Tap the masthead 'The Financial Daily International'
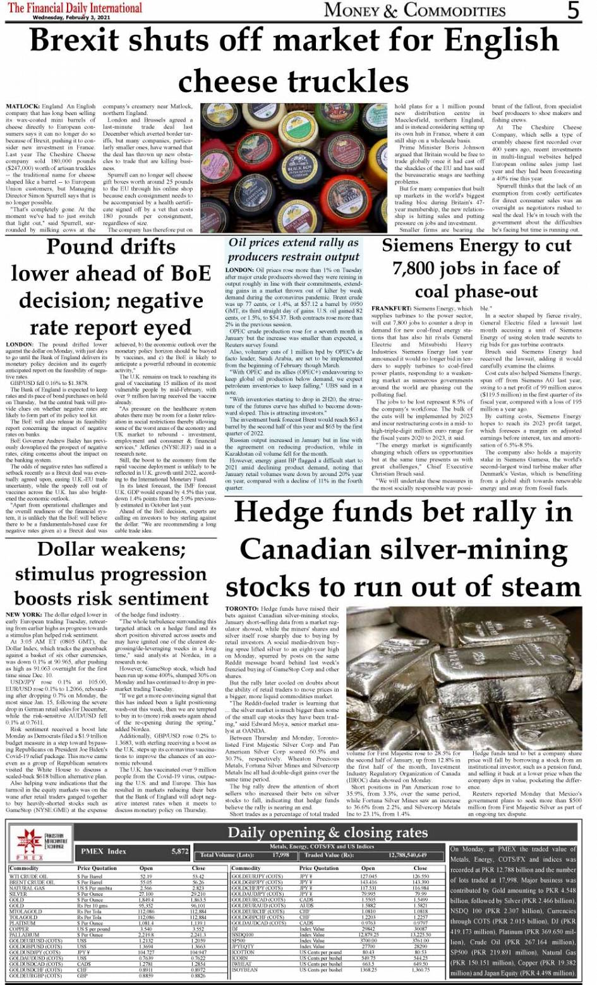pyautogui.click(x=75, y=8)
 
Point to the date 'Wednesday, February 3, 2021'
pyautogui.click(x=75, y=17)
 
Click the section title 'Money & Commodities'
pyautogui.click(x=414, y=10)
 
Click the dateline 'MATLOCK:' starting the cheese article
pyautogui.click(x=23, y=107)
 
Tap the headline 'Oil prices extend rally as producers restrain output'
pyautogui.click(x=293, y=250)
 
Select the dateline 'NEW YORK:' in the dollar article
pyautogui.click(x=23, y=615)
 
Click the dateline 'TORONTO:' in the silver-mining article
pyautogui.click(x=241, y=608)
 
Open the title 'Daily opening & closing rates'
pyautogui.click(x=327, y=832)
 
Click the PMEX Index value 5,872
pyautogui.click(x=179, y=852)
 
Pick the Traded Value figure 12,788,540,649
pyautogui.click(x=400, y=855)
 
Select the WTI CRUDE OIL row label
pyautogui.click(x=29, y=876)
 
